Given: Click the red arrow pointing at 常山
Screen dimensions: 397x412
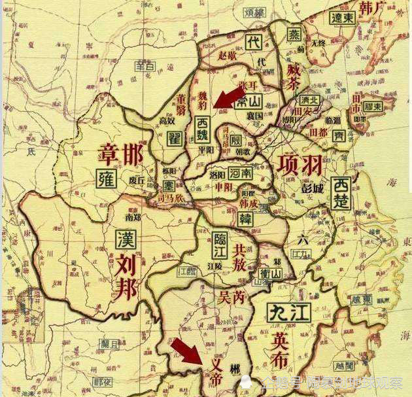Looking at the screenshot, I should point(227,97).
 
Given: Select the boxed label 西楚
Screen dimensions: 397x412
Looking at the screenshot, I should point(342,192).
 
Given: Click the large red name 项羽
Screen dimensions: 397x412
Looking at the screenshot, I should point(299,164).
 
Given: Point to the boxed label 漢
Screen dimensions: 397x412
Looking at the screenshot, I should point(124,239).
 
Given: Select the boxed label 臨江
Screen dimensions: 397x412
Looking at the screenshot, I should point(220,246).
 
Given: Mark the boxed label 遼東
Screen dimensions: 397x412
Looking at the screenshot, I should point(342,18).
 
